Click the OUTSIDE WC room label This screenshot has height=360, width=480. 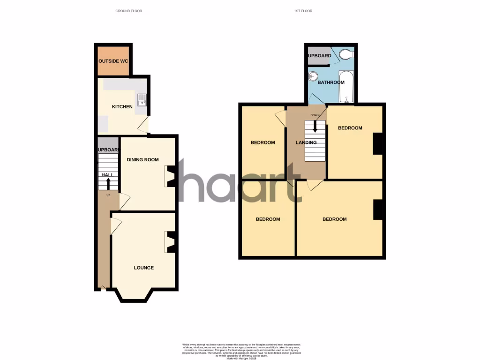pyautogui.click(x=113, y=61)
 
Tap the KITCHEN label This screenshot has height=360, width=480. pyautogui.click(x=122, y=107)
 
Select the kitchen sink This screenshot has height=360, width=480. pyautogui.click(x=142, y=99)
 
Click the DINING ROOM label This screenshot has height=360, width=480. pyautogui.click(x=143, y=160)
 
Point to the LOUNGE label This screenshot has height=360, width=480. pyautogui.click(x=144, y=268)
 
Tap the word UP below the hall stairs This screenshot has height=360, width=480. pyautogui.click(x=108, y=195)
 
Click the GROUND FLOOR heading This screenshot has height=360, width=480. pyautogui.click(x=128, y=11)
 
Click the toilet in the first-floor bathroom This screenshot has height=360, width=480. pyautogui.click(x=346, y=55)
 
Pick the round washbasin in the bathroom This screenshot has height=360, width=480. pyautogui.click(x=313, y=76)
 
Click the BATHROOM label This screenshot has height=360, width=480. pyautogui.click(x=331, y=82)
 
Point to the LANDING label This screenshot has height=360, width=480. pyautogui.click(x=306, y=142)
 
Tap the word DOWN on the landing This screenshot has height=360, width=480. pyautogui.click(x=315, y=115)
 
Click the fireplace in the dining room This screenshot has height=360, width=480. pyautogui.click(x=171, y=176)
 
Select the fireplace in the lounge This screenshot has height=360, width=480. pyautogui.click(x=171, y=242)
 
